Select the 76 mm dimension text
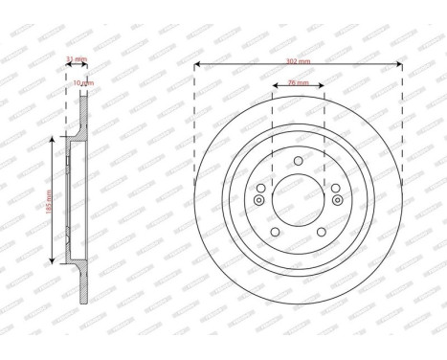298,84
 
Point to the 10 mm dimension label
85,82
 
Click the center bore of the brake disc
298,200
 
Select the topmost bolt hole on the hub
298,160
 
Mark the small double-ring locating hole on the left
258,200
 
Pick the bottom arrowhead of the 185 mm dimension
50,263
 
